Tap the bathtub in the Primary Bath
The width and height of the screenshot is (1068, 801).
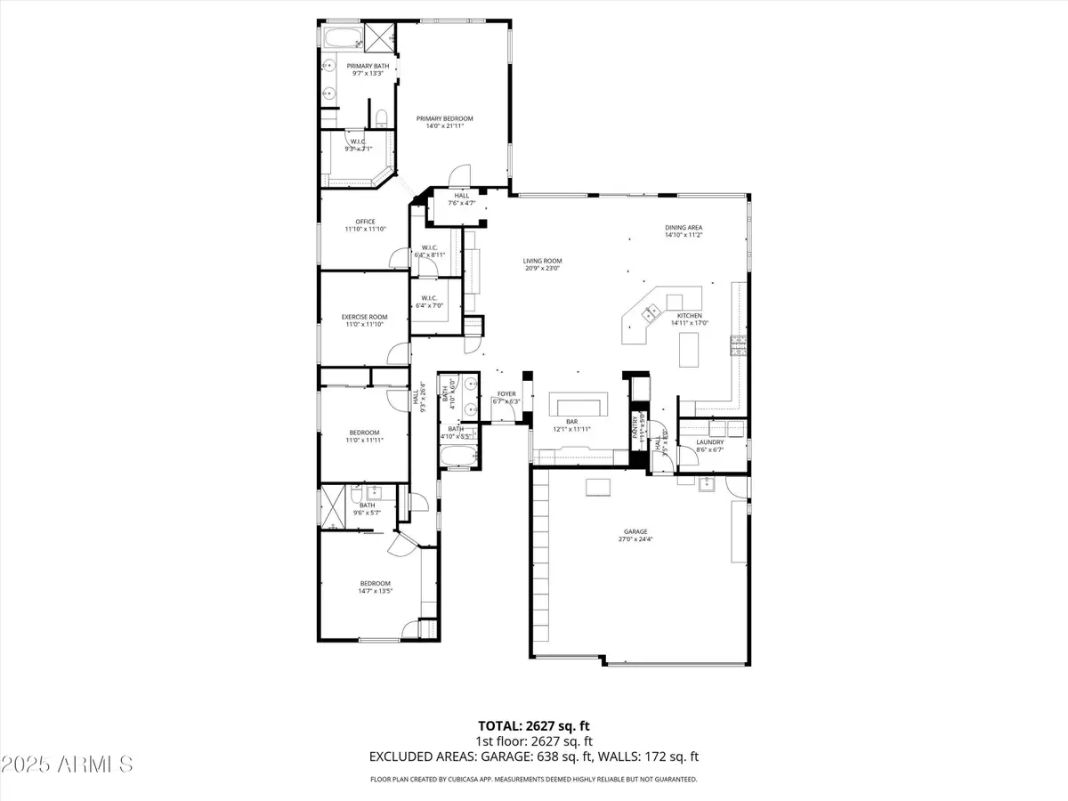(x=339, y=38)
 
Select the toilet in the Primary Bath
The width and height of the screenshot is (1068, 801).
(x=381, y=117)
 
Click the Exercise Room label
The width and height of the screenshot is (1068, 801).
(x=364, y=317)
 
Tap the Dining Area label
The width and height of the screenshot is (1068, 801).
(x=684, y=228)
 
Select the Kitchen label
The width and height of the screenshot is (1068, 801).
(x=690, y=316)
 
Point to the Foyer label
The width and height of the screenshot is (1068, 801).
(x=506, y=393)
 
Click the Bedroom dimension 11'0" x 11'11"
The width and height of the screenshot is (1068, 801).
(x=364, y=440)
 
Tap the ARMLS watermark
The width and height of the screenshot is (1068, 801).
(x=68, y=765)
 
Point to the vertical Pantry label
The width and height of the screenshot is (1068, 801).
(x=635, y=426)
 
